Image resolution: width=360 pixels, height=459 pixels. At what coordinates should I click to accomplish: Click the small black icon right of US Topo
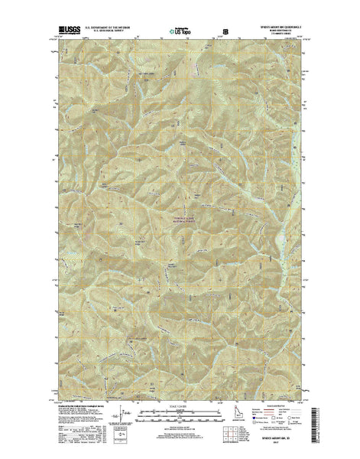point(225,32)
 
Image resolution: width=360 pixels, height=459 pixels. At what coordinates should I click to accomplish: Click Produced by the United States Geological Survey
point(77,407)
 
